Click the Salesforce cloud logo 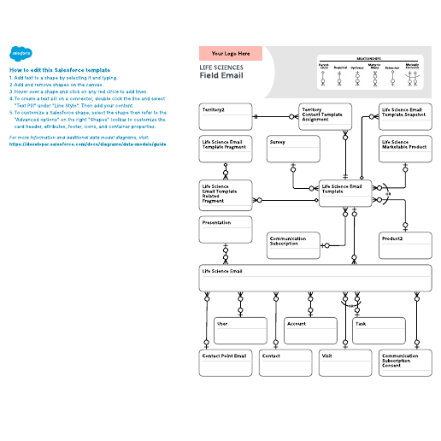[x=21, y=53]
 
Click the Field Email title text [x=221, y=75]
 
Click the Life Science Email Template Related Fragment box [x=226, y=196]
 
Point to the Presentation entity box [x=226, y=231]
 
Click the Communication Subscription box [x=293, y=245]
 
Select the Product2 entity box [x=405, y=244]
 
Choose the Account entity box [x=310, y=330]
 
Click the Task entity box [x=379, y=330]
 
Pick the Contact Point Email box [x=226, y=362]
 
